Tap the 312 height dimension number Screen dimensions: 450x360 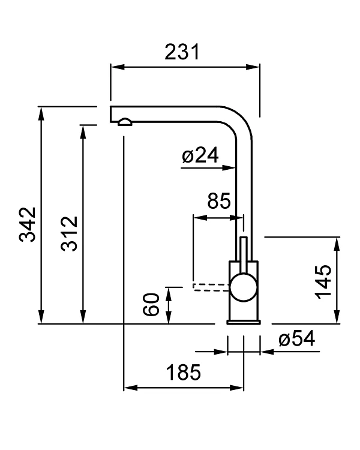click(70, 233)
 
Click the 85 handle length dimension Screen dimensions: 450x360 click(218, 200)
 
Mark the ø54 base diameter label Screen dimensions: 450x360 click(296, 339)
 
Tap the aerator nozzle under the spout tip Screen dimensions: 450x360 click(124, 122)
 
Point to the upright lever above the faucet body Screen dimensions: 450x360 click(244, 249)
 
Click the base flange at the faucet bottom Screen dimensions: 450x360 click(243, 322)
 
